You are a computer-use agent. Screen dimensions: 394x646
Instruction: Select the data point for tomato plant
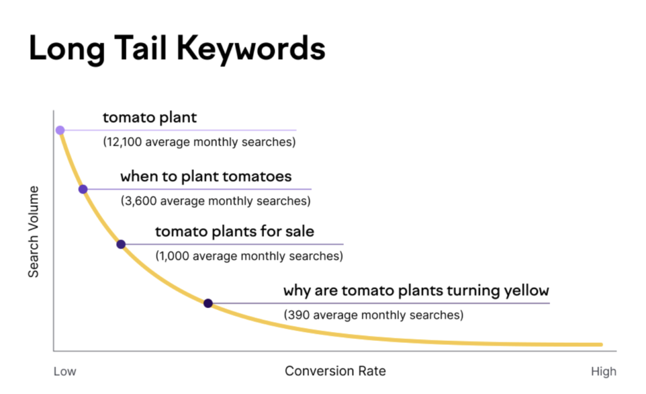tap(60, 130)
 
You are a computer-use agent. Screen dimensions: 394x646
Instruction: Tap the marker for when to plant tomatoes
tap(83, 189)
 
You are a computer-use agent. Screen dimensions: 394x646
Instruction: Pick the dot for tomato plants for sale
tap(120, 244)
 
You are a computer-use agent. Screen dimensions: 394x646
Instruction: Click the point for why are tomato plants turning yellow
tap(208, 303)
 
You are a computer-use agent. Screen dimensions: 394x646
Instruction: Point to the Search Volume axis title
tap(33, 232)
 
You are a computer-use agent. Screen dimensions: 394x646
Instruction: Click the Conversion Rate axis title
tap(335, 371)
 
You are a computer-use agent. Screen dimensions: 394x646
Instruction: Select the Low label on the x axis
tap(64, 371)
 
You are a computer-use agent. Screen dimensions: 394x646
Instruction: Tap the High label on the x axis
tap(603, 371)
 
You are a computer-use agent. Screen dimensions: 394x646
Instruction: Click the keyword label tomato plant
tap(150, 117)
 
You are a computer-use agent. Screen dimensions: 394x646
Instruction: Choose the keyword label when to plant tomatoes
tap(206, 176)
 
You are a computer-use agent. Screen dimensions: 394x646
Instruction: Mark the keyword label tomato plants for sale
tap(234, 232)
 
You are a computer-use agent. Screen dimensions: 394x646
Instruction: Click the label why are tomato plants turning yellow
tap(416, 291)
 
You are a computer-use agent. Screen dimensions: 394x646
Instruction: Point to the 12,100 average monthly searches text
tap(199, 142)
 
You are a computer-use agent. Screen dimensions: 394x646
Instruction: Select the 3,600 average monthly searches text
tap(215, 201)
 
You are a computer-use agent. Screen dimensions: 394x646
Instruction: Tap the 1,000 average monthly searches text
tap(249, 256)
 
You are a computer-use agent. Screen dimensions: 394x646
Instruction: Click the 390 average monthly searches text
tap(373, 314)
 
